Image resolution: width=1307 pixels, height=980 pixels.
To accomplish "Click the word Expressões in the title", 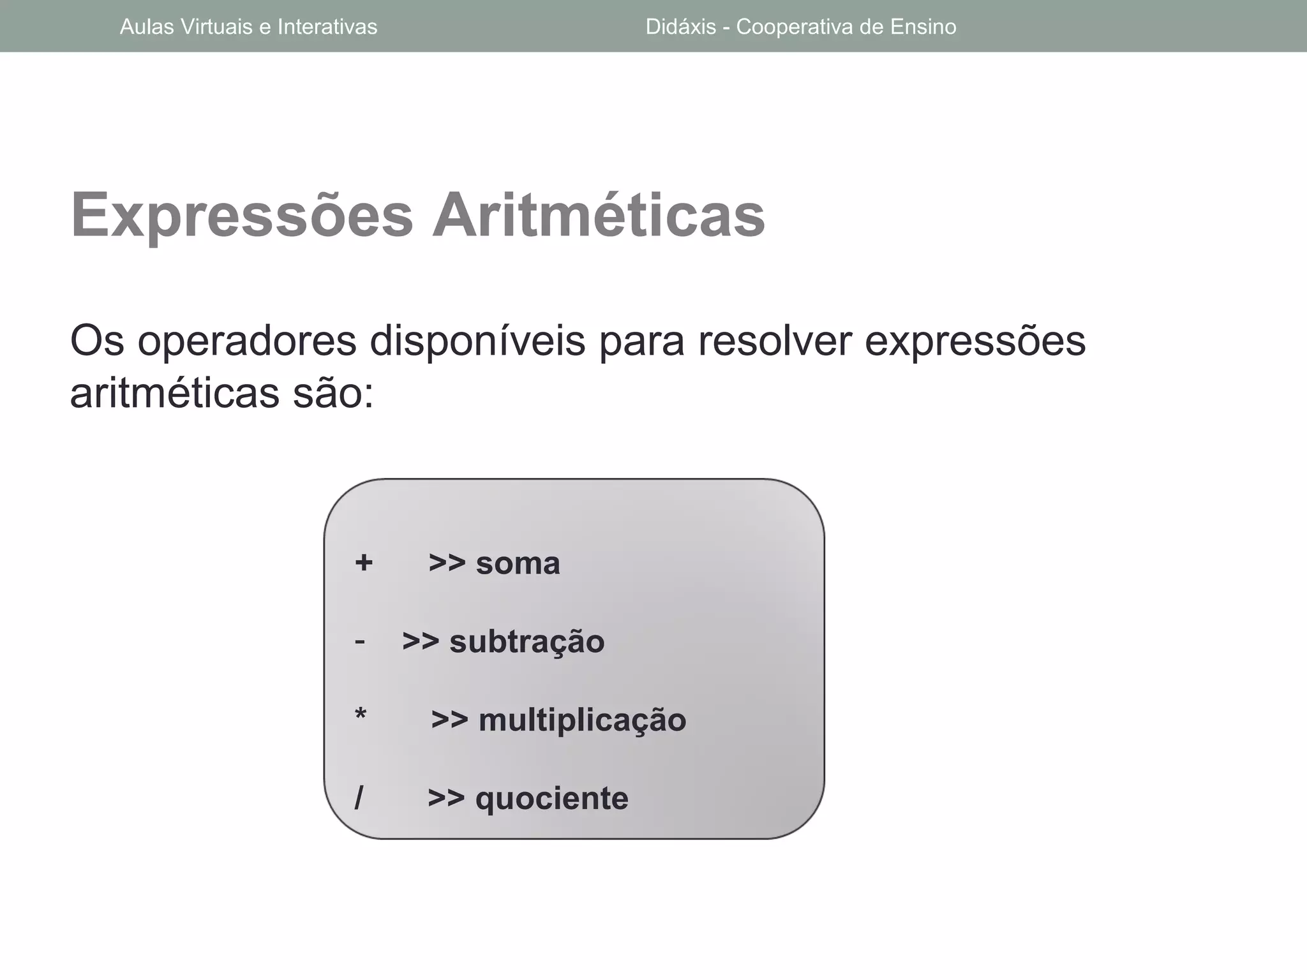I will (x=242, y=215).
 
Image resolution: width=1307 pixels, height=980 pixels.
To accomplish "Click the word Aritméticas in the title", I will (x=598, y=215).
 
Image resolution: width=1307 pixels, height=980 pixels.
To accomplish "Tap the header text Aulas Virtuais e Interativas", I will (x=248, y=27).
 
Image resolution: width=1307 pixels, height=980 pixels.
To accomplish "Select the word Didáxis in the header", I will (x=680, y=27).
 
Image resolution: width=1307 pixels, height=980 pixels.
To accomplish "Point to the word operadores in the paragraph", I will (x=246, y=341).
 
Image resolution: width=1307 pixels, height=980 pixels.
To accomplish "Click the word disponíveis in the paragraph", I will (x=477, y=341).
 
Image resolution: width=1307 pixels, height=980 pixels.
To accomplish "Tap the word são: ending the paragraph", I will (x=333, y=394).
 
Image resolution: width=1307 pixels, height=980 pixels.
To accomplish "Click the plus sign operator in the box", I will (x=364, y=563).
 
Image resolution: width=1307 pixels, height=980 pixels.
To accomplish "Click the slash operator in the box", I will (x=359, y=798).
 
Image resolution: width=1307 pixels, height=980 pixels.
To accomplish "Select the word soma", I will (x=518, y=563).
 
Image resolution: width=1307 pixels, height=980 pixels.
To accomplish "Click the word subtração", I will (x=527, y=642).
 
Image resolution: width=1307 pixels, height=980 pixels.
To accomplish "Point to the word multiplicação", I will (x=582, y=720).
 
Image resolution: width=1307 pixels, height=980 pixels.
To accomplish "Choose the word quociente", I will (x=551, y=799).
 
